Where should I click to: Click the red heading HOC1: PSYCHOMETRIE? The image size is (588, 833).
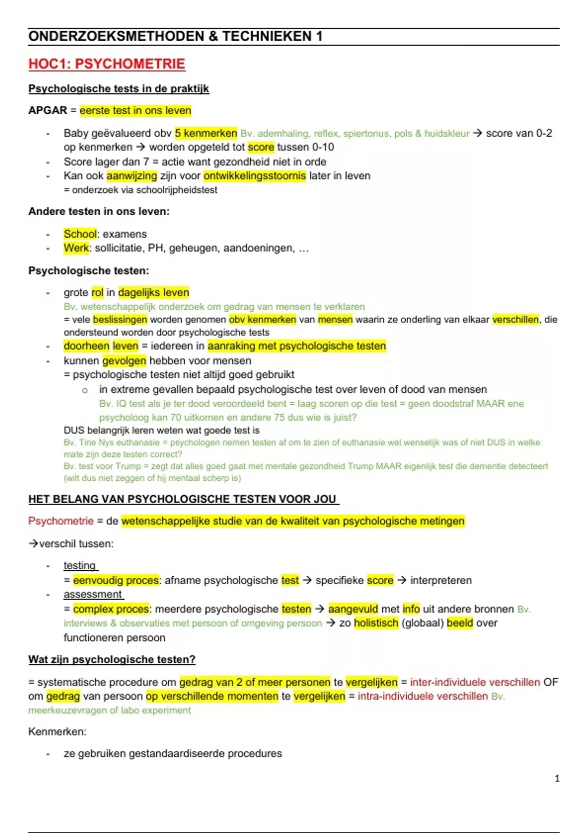106,64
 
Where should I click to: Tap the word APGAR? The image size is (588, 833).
48,110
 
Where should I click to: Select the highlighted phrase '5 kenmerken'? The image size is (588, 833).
206,133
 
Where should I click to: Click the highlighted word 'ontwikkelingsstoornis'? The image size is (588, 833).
255,176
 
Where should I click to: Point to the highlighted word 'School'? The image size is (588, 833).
80,234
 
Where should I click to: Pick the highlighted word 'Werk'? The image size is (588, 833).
76,248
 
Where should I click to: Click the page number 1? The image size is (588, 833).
557,778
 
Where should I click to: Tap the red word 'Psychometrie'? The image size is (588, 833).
61,521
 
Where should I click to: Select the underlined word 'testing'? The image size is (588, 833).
80,565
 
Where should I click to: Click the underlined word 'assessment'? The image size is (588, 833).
93,594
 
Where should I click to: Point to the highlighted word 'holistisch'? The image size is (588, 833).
376,623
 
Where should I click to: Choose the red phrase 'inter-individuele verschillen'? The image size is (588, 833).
475,682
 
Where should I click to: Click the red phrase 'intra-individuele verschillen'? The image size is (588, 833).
422,696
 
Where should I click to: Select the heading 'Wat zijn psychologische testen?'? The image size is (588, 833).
112,660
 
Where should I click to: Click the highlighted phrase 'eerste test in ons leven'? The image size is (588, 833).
135,110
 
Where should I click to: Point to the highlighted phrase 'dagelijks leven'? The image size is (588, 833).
153,293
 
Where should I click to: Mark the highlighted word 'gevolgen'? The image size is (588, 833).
124,361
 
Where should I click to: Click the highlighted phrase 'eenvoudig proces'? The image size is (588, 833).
116,580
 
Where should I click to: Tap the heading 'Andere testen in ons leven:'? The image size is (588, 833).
98,212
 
